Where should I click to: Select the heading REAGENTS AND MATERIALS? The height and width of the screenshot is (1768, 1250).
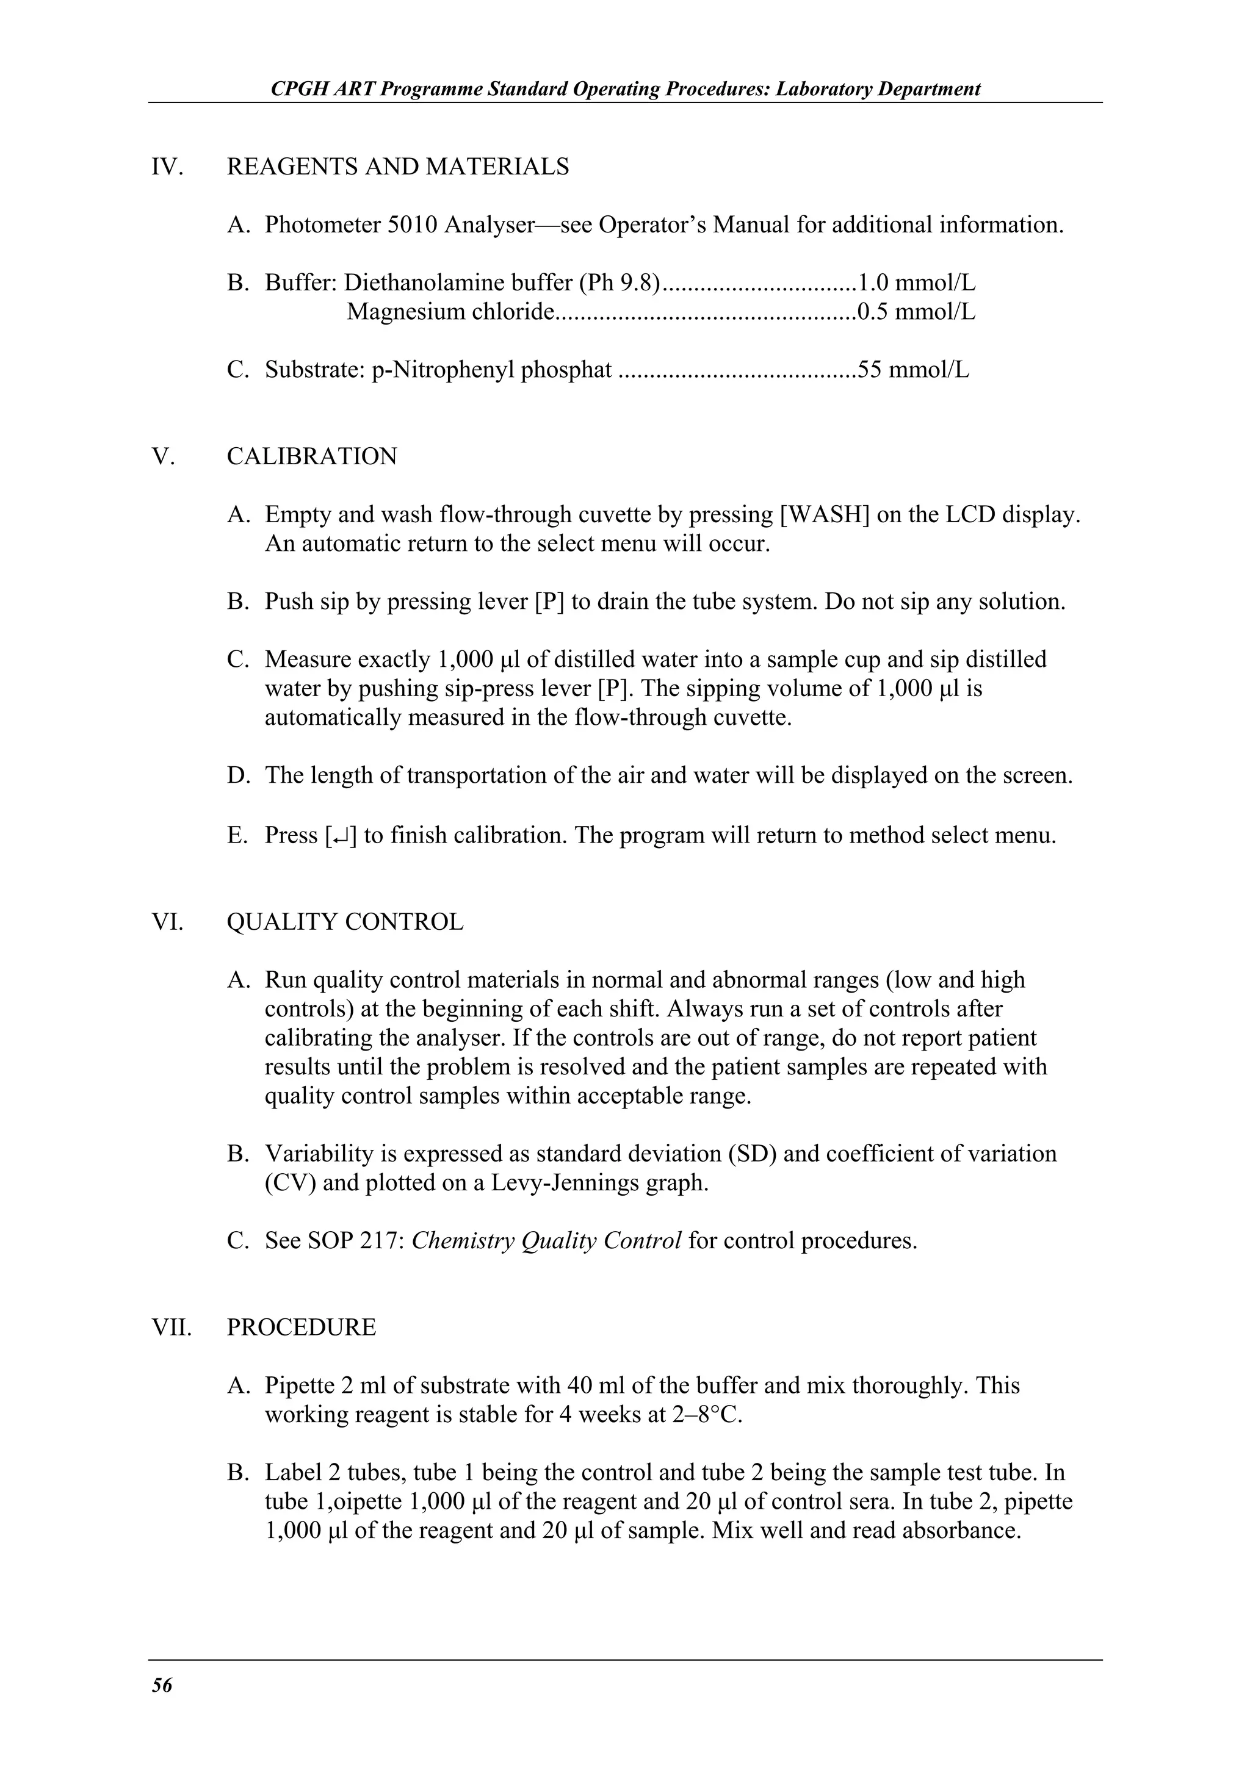[397, 167]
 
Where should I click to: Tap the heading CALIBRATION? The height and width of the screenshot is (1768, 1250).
[312, 456]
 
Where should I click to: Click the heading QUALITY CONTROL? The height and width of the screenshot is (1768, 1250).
[345, 922]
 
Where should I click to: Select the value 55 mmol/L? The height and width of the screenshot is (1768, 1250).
[914, 370]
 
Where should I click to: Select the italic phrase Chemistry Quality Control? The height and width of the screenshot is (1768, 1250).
[546, 1240]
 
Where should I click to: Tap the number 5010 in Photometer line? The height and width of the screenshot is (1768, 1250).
[411, 225]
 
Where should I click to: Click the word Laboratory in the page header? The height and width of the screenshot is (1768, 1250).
[824, 88]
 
